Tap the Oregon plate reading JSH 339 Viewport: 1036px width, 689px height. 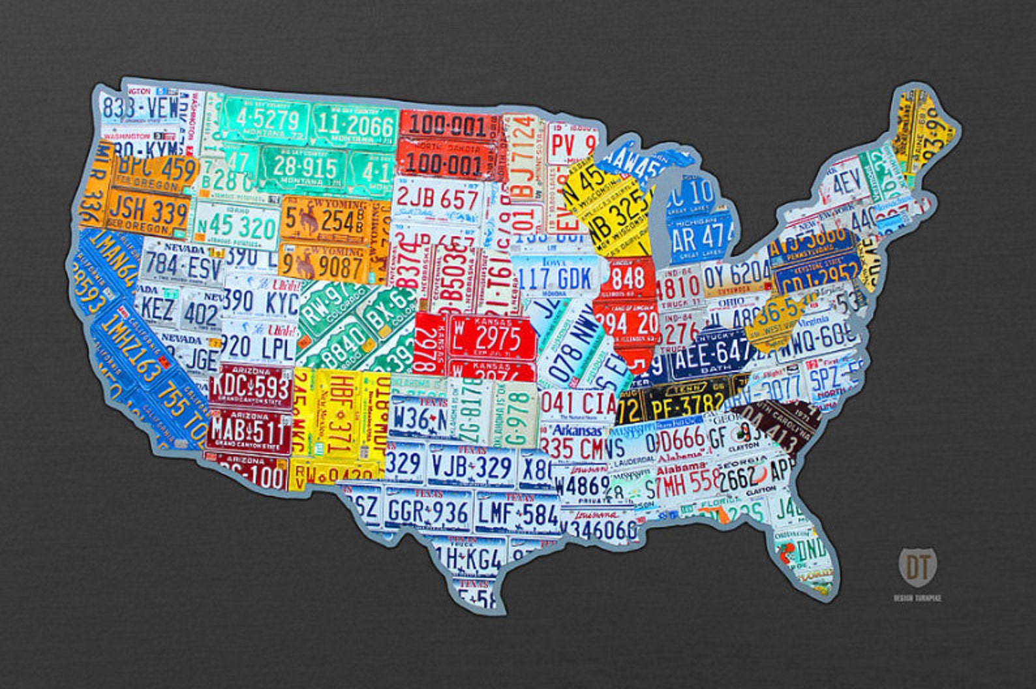click(x=148, y=211)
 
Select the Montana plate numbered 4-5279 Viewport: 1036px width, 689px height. click(x=267, y=121)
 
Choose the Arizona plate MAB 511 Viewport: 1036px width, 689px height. click(x=248, y=430)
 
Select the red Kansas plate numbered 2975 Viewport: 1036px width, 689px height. click(x=496, y=337)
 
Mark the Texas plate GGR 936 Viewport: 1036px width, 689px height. click(x=427, y=512)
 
